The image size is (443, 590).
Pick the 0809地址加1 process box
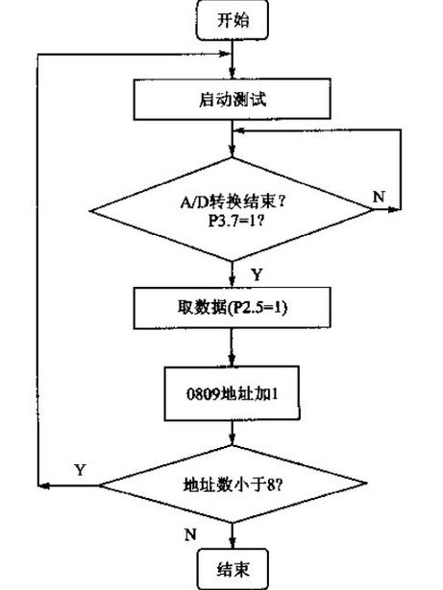tap(232, 393)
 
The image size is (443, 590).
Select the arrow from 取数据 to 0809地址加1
tap(232, 349)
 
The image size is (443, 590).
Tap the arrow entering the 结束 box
tap(232, 535)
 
